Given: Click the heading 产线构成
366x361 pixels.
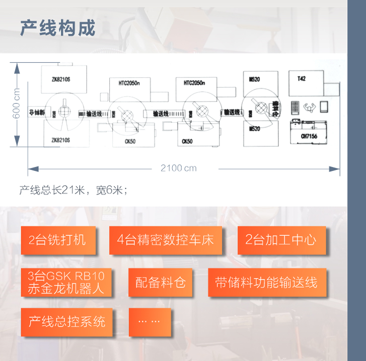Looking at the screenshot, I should click(x=57, y=28).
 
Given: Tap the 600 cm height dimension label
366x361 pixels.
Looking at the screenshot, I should click(x=17, y=105).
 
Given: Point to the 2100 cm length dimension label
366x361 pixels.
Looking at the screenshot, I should click(x=179, y=168).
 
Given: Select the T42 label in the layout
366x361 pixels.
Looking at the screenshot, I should click(x=301, y=78).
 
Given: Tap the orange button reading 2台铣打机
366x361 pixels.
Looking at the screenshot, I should click(x=57, y=240).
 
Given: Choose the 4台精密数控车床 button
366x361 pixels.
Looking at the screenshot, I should click(x=165, y=240).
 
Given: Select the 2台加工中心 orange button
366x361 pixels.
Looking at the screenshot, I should click(x=281, y=240).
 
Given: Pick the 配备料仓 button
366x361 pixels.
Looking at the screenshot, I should click(x=161, y=283).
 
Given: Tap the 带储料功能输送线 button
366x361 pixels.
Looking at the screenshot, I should click(x=267, y=283).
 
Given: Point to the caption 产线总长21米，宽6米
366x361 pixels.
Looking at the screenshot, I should click(x=74, y=190).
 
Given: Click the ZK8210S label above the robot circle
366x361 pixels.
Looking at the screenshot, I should click(x=60, y=79).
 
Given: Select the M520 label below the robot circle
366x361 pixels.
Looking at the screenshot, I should click(x=255, y=129).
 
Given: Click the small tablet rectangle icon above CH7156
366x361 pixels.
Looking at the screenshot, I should click(x=323, y=107).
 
